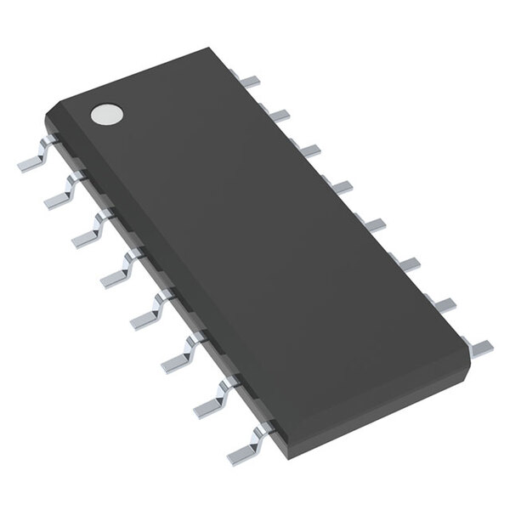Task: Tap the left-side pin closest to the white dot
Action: pyautogui.click(x=34, y=157)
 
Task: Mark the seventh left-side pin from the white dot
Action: pyautogui.click(x=207, y=383)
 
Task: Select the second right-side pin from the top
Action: pyautogui.click(x=281, y=112)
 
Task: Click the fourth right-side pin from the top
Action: pyautogui.click(x=339, y=185)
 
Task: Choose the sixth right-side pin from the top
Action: pyautogui.click(x=397, y=260)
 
